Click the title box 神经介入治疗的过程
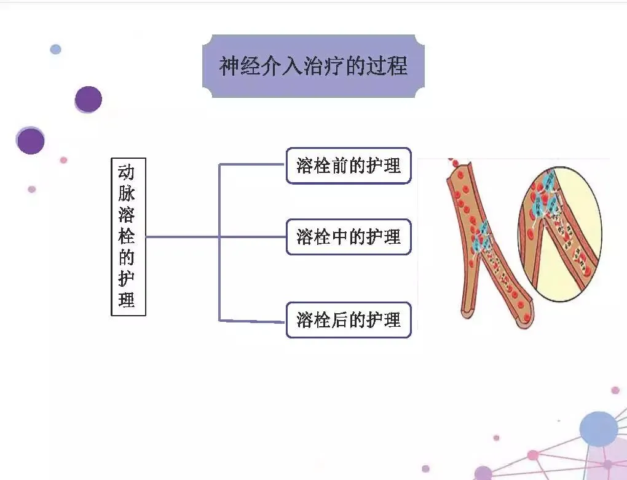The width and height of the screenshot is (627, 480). click(313, 66)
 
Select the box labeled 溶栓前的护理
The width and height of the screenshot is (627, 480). click(349, 166)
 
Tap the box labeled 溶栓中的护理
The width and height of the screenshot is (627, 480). click(349, 237)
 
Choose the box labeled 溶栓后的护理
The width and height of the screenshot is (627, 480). click(349, 320)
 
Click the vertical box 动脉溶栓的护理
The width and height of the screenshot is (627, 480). click(128, 236)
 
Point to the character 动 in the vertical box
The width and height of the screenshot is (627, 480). click(127, 172)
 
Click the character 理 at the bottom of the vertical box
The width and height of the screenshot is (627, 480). click(127, 300)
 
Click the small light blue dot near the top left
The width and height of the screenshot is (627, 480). click(56, 49)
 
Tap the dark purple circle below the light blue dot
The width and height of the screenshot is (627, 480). click(89, 99)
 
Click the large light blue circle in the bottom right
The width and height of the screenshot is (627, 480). click(598, 429)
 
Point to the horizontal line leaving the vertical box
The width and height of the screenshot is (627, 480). click(181, 236)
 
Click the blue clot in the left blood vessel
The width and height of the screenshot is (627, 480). click(480, 240)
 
